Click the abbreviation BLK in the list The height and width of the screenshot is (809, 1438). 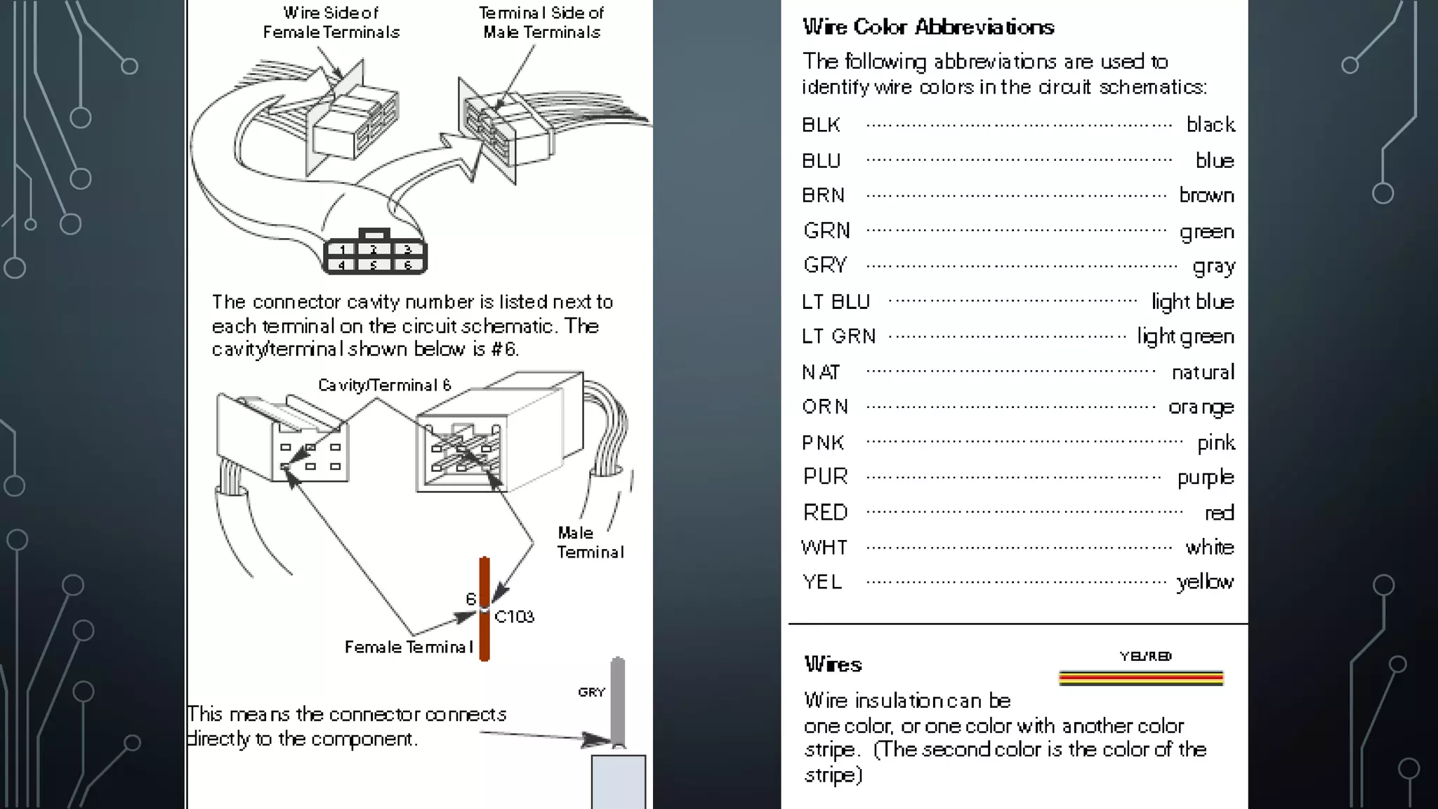tap(821, 125)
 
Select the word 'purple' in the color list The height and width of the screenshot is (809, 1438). tap(1205, 478)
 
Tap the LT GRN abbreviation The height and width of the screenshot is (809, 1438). tap(838, 336)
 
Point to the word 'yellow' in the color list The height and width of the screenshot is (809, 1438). tap(1205, 582)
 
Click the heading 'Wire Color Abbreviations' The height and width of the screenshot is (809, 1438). tap(928, 27)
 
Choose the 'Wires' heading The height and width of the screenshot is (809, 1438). tap(833, 664)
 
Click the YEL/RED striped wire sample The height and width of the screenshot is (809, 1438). tap(1140, 678)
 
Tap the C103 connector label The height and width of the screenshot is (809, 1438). tap(514, 617)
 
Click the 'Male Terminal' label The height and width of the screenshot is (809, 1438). tap(590, 542)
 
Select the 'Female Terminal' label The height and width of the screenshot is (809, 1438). tap(408, 647)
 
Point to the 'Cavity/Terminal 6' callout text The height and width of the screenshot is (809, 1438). tap(384, 385)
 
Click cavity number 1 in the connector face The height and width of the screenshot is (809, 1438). tap(342, 250)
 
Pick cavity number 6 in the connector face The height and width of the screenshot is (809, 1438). tap(407, 265)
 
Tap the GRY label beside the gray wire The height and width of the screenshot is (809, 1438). tap(591, 692)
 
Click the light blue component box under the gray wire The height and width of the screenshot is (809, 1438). tap(618, 781)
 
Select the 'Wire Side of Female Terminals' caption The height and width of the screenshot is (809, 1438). tap(331, 22)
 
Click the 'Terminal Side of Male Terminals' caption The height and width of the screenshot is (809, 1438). tap(541, 22)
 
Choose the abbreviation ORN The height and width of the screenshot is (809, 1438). tap(825, 407)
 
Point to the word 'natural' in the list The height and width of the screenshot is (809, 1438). tap(1202, 372)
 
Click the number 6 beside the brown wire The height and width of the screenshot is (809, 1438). tap(470, 598)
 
